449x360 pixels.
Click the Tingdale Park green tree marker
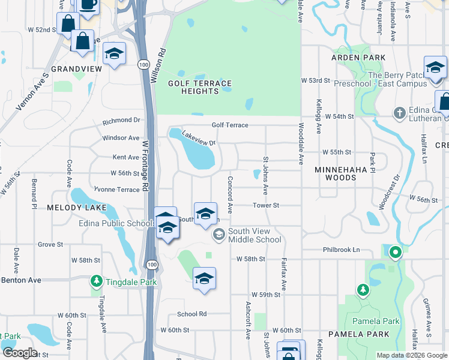point(96,281)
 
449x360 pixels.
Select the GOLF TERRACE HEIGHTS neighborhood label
point(200,87)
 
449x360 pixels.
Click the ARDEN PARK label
point(357,58)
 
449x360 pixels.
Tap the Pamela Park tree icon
point(363,290)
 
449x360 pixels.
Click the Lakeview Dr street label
point(198,139)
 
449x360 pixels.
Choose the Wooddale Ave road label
point(301,144)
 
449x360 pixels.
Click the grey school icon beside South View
point(219,234)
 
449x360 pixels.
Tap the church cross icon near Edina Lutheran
point(399,112)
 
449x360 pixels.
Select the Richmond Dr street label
point(121,121)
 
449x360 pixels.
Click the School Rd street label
point(191,314)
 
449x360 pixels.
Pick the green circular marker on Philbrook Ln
point(395,253)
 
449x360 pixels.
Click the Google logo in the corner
point(19,353)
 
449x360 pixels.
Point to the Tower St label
point(266,205)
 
